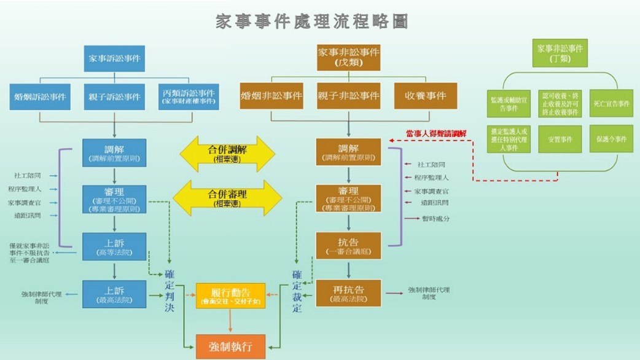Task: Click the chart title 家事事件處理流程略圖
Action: point(313,22)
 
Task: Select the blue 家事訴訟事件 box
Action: point(114,58)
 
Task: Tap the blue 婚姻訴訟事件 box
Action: point(41,96)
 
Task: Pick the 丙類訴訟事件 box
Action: point(188,96)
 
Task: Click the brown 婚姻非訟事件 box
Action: point(271,96)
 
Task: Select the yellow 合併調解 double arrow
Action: point(227,153)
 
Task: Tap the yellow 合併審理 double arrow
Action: point(227,197)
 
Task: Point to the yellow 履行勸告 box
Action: point(230,295)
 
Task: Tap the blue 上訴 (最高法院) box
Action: point(114,294)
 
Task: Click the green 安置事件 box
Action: point(560,139)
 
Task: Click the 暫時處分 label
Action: point(435,219)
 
